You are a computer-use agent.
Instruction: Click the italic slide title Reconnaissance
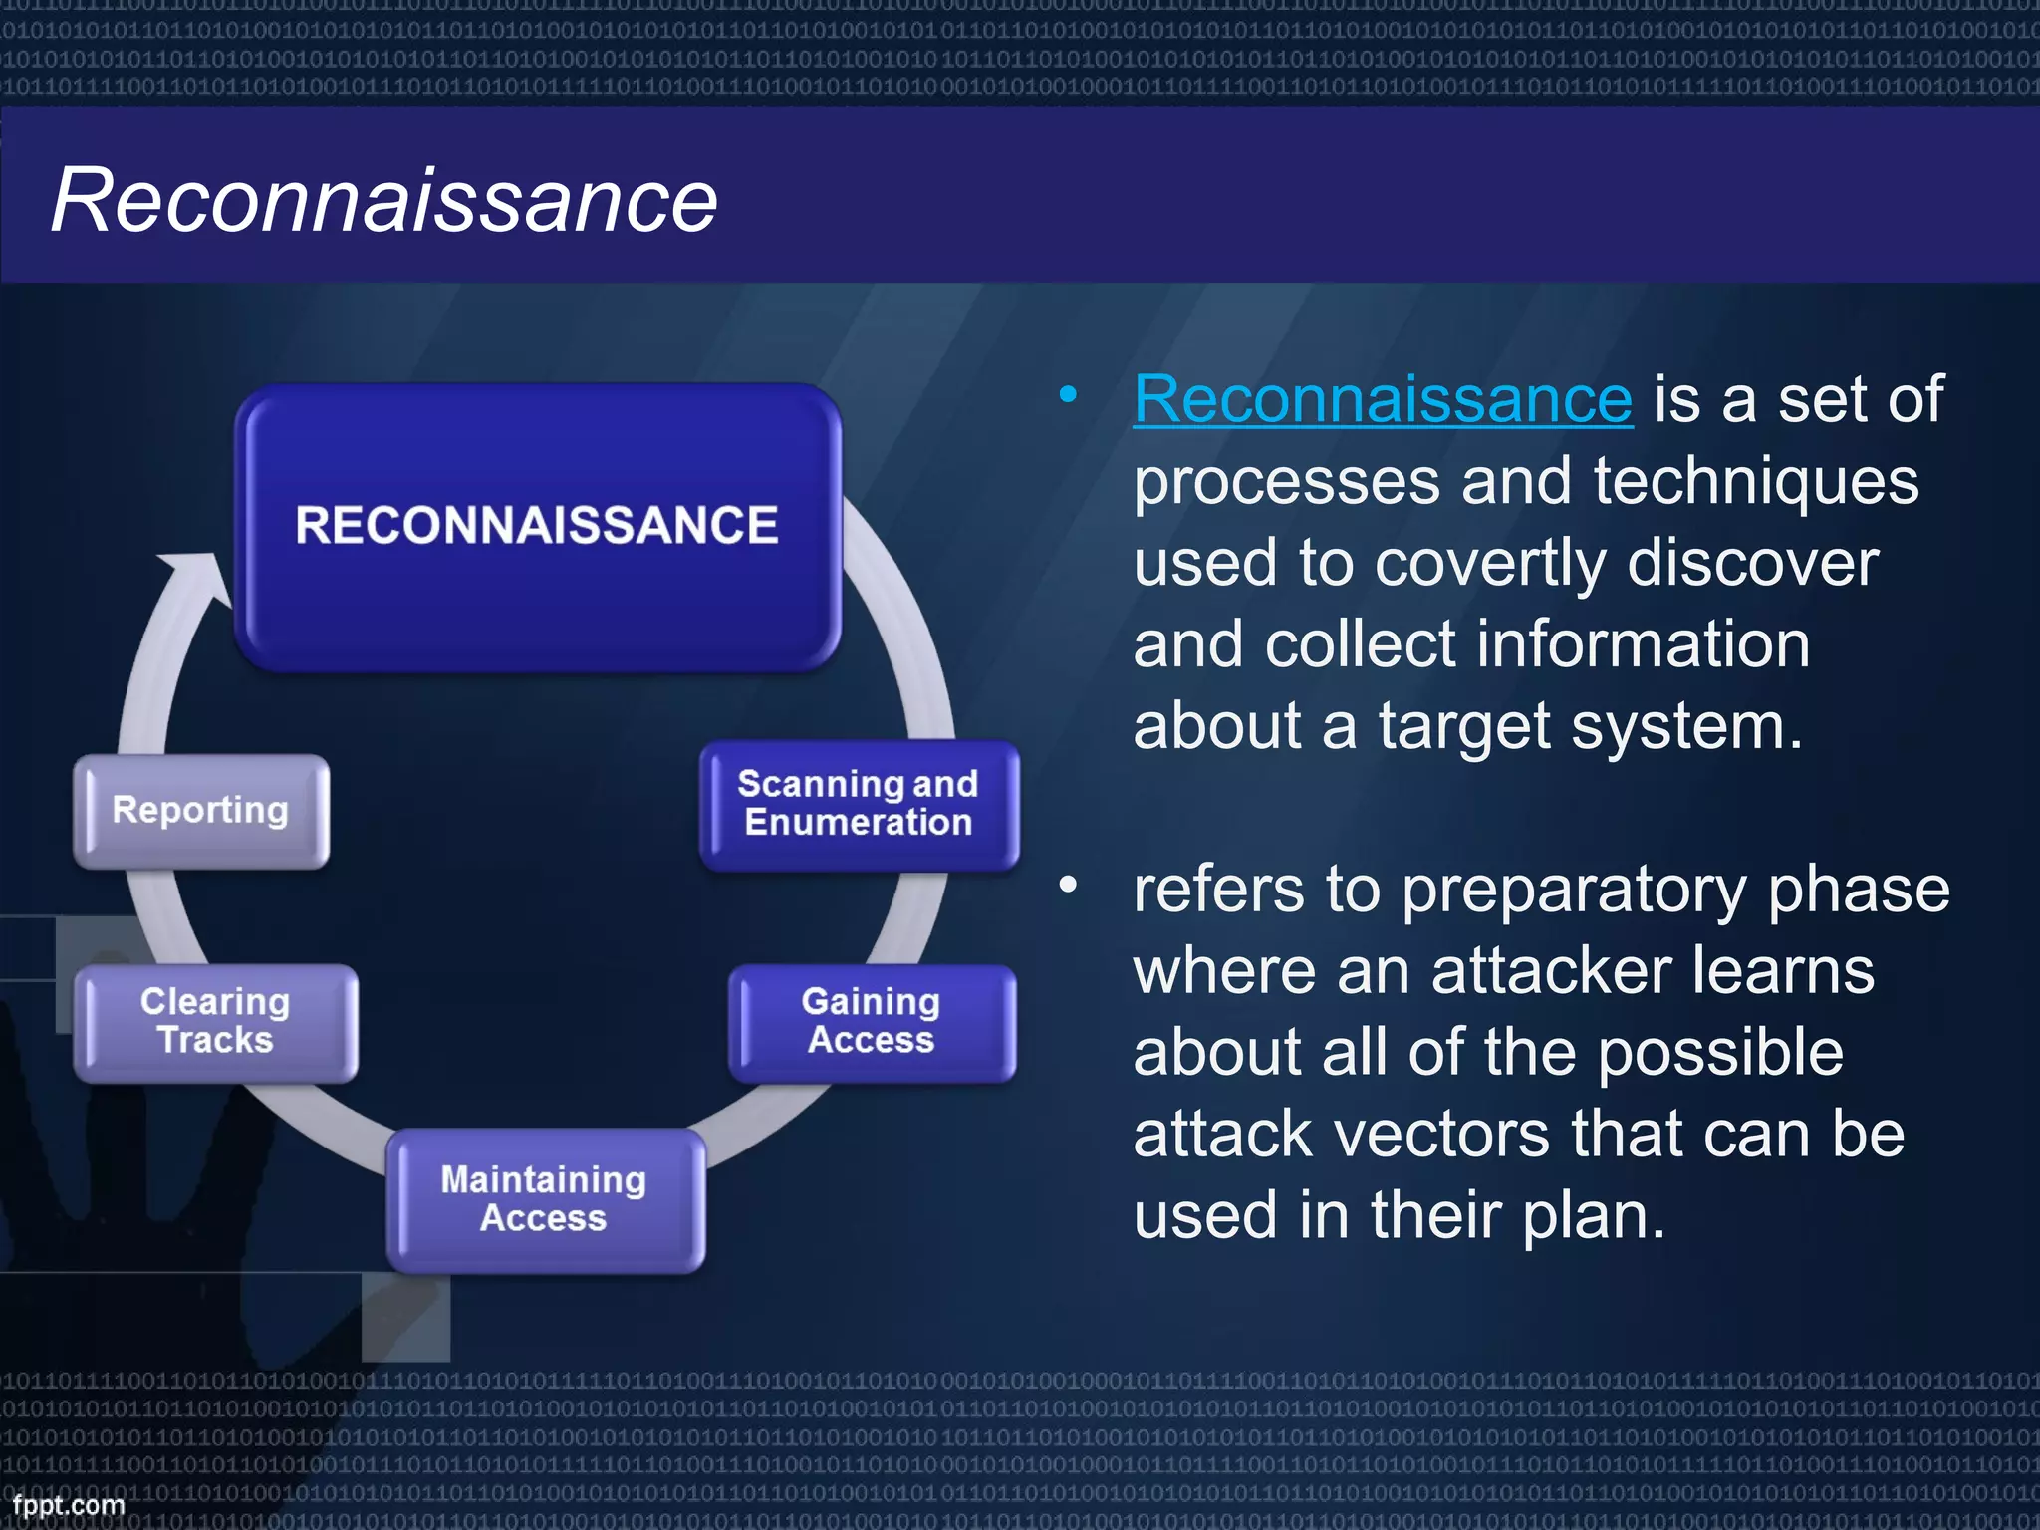click(383, 200)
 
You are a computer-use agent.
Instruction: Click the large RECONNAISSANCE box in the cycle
click(538, 526)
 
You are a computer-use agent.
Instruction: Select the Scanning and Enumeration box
click(859, 804)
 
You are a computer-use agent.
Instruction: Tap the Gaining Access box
click(872, 1021)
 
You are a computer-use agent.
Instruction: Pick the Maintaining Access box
click(545, 1199)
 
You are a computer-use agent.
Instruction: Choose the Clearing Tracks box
click(215, 1021)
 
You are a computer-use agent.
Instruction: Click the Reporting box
click(200, 810)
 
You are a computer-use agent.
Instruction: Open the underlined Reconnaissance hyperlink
click(1383, 399)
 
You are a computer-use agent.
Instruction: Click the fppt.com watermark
click(68, 1504)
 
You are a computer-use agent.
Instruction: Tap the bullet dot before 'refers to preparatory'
click(1068, 885)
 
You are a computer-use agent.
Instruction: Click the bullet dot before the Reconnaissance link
click(1068, 395)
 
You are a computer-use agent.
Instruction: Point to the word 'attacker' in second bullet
click(1553, 971)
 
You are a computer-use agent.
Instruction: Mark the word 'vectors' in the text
click(1439, 1135)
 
